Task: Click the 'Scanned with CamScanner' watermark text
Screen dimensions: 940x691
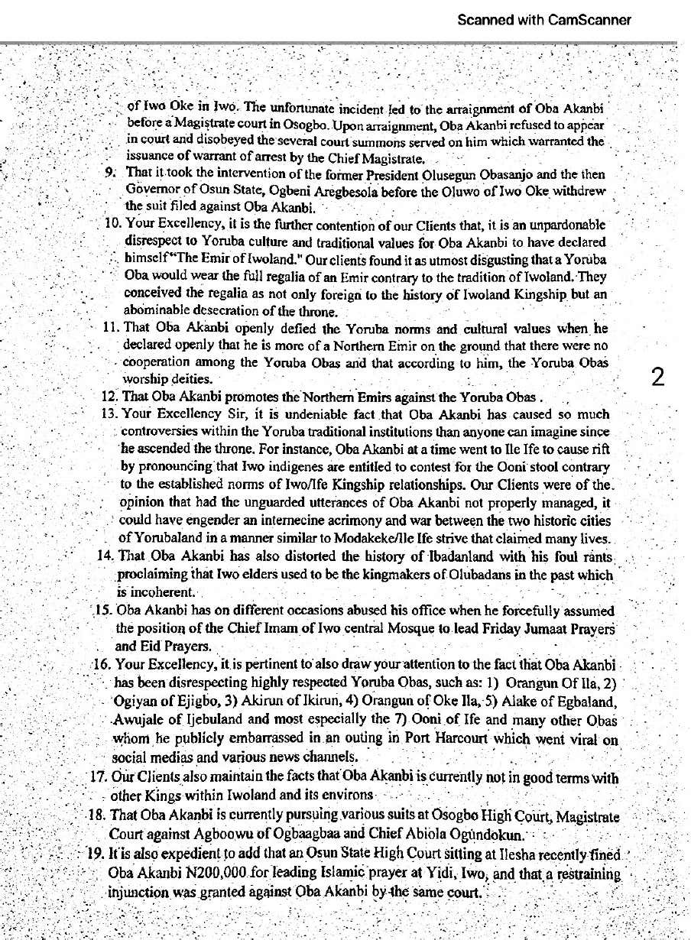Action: coord(544,20)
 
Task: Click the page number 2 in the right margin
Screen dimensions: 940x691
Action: coord(657,377)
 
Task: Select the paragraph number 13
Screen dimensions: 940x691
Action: coord(107,414)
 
